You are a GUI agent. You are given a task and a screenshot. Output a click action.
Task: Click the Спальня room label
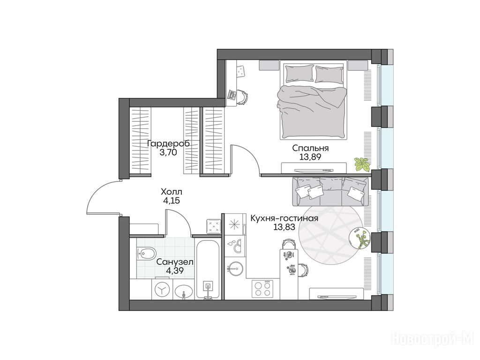pyautogui.click(x=310, y=148)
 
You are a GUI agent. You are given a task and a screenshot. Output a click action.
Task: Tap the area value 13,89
pyautogui.click(x=310, y=157)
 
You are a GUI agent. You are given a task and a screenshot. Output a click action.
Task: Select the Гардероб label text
pyautogui.click(x=168, y=143)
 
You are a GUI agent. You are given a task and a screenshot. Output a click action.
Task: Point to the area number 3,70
pyautogui.click(x=168, y=152)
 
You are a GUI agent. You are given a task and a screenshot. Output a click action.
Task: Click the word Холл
pyautogui.click(x=172, y=192)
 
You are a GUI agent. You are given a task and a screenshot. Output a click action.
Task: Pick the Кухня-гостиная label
pyautogui.click(x=285, y=218)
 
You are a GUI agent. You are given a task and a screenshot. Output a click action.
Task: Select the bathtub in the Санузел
pyautogui.click(x=208, y=269)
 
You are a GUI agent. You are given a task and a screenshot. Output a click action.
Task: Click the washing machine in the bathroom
pyautogui.click(x=162, y=289)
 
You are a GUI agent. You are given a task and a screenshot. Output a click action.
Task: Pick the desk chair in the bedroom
pyautogui.click(x=242, y=97)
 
